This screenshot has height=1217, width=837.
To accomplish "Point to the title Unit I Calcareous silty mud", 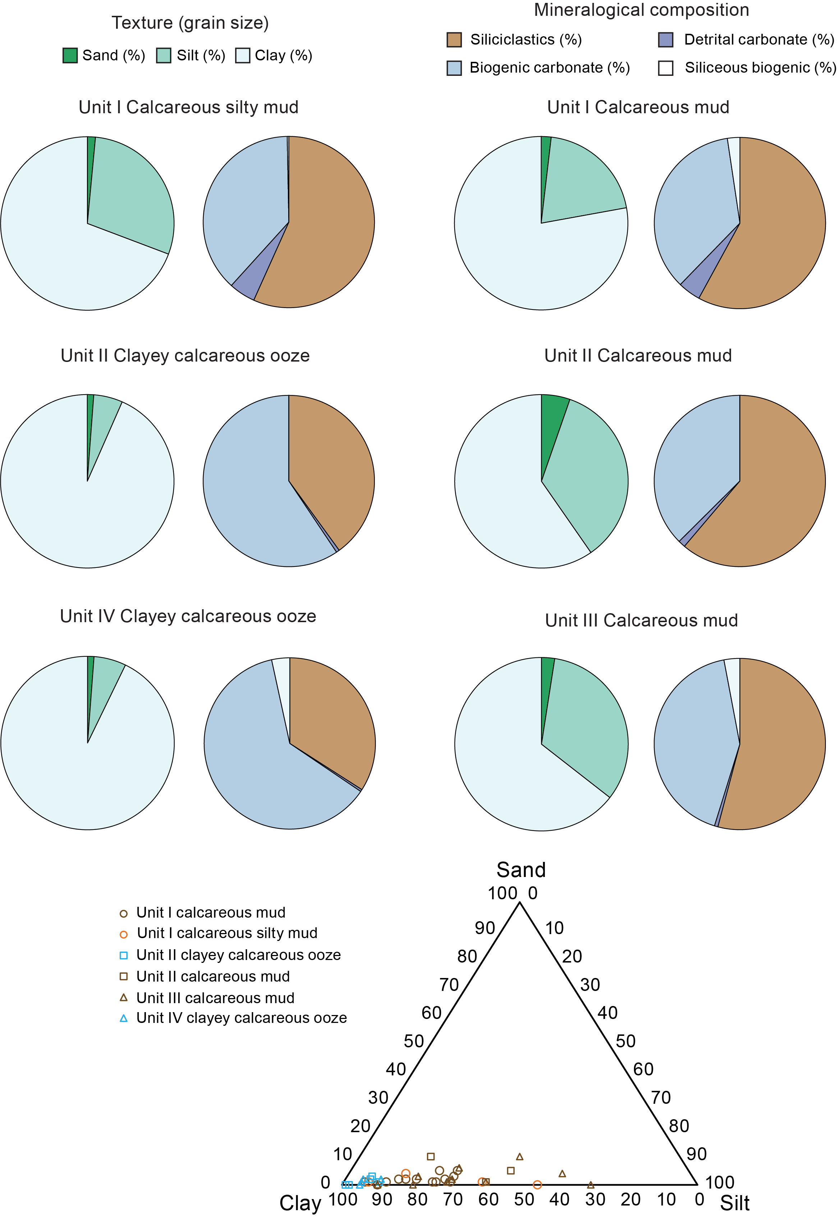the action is pyautogui.click(x=189, y=107).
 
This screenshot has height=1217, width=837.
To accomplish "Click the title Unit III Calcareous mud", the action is pyautogui.click(x=641, y=620).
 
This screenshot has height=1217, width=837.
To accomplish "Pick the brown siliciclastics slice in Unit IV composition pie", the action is pyautogui.click(x=330, y=718).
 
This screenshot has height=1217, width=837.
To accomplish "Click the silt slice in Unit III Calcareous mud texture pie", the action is pyautogui.click(x=587, y=724).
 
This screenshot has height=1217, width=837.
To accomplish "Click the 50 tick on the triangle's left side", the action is pyautogui.click(x=414, y=1041).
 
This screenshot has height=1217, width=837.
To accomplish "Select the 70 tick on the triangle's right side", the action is pyautogui.click(x=661, y=1097).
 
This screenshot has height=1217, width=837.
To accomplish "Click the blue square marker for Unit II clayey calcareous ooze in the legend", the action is pyautogui.click(x=124, y=955).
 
